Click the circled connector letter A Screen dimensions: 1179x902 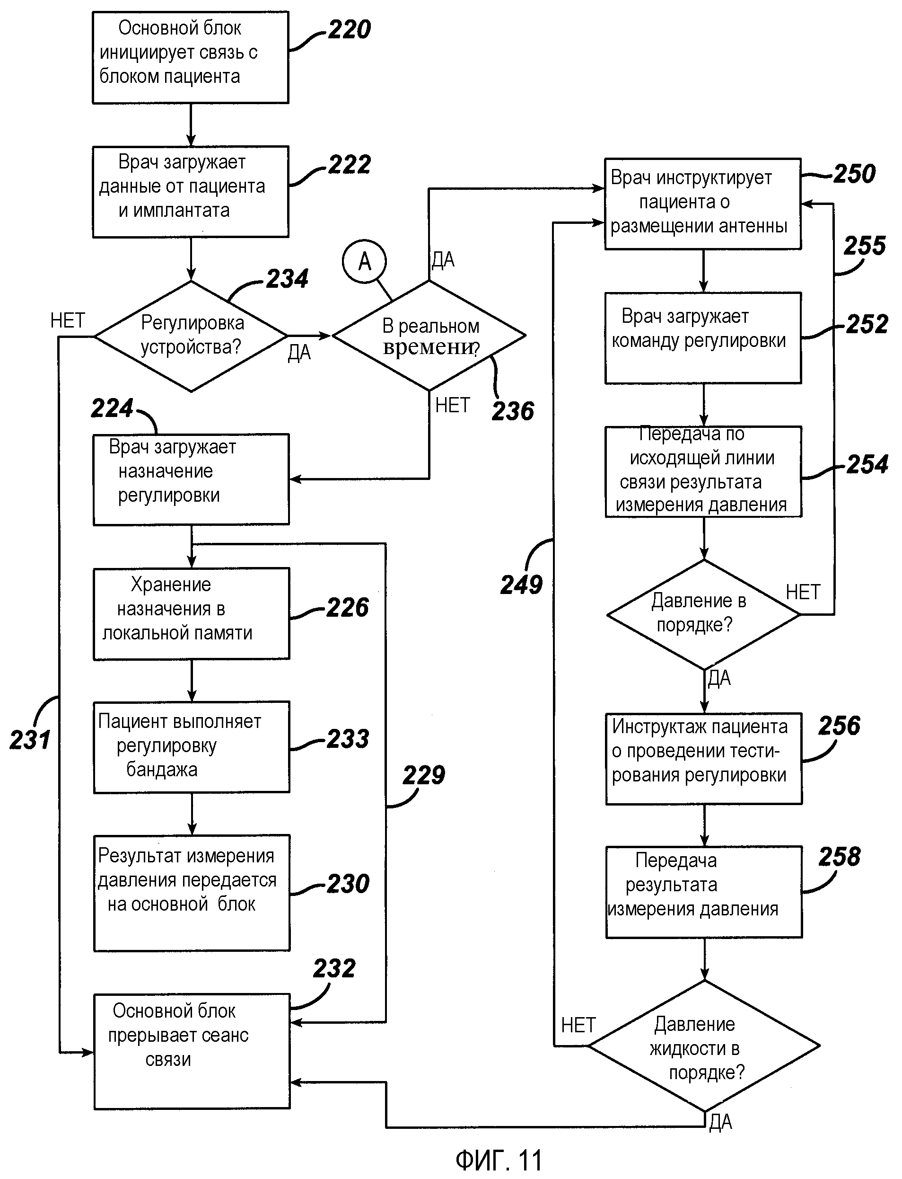coord(365,262)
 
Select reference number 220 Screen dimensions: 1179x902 coord(350,29)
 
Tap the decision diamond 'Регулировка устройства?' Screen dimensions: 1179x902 coord(191,336)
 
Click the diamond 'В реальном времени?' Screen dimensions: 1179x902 coord(429,336)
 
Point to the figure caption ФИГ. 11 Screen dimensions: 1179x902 coord(499,1160)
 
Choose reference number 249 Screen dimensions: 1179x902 coord(521,585)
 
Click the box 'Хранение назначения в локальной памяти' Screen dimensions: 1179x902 coord(192,613)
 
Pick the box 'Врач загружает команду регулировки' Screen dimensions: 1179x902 coord(703,338)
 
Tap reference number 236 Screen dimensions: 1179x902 coord(513,411)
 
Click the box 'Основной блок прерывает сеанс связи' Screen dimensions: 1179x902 coord(192,1051)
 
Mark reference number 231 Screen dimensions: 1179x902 coord(30,740)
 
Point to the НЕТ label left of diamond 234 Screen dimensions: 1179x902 coord(68,321)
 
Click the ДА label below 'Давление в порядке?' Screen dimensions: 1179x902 coord(719,678)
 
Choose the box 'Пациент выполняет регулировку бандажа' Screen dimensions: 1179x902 coord(192,746)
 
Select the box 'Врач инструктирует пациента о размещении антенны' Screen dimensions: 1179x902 coord(703,204)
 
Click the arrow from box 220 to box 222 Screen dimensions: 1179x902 coord(191,124)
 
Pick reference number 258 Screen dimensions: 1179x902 coord(839,857)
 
